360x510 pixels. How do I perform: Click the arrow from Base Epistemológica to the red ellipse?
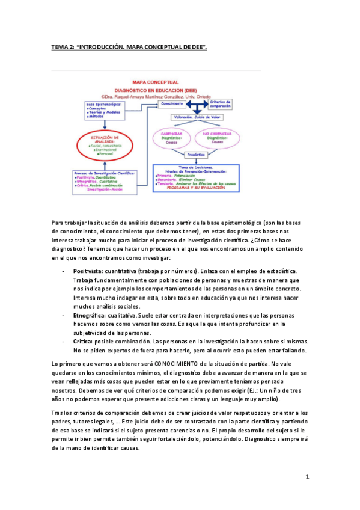(x=105, y=124)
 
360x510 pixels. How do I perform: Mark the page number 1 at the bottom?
(x=307, y=477)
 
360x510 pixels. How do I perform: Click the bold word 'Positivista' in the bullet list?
(x=87, y=272)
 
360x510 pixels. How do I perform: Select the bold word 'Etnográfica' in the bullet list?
(x=89, y=315)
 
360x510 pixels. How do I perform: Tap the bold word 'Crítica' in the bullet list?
(x=83, y=341)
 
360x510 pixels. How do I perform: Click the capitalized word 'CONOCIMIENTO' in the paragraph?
(x=180, y=364)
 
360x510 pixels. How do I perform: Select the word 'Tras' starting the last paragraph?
(x=57, y=413)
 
